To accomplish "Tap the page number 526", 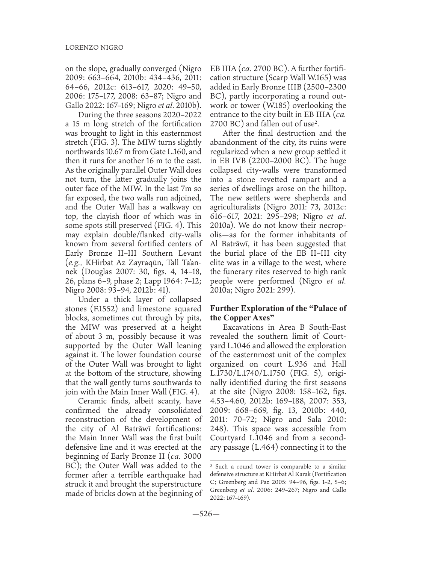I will (211, 514).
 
